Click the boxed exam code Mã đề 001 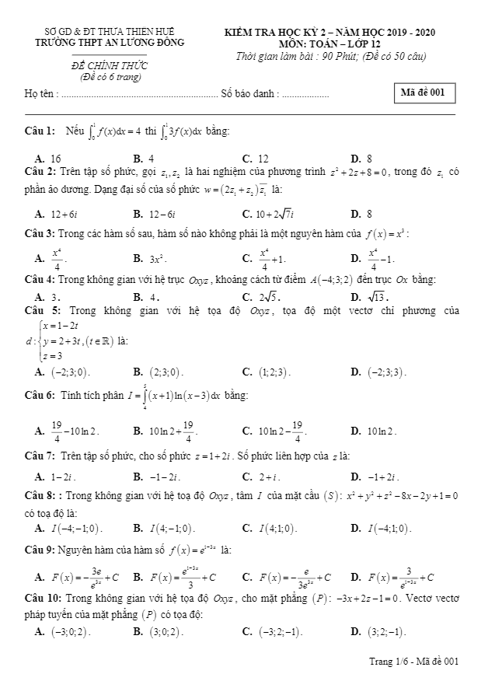(423, 93)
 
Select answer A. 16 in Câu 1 (49, 158)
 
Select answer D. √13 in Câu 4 (370, 296)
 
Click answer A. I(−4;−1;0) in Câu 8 (69, 528)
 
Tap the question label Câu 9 (40, 550)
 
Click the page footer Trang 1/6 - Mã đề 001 (414, 661)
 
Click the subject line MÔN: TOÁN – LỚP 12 (330, 44)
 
